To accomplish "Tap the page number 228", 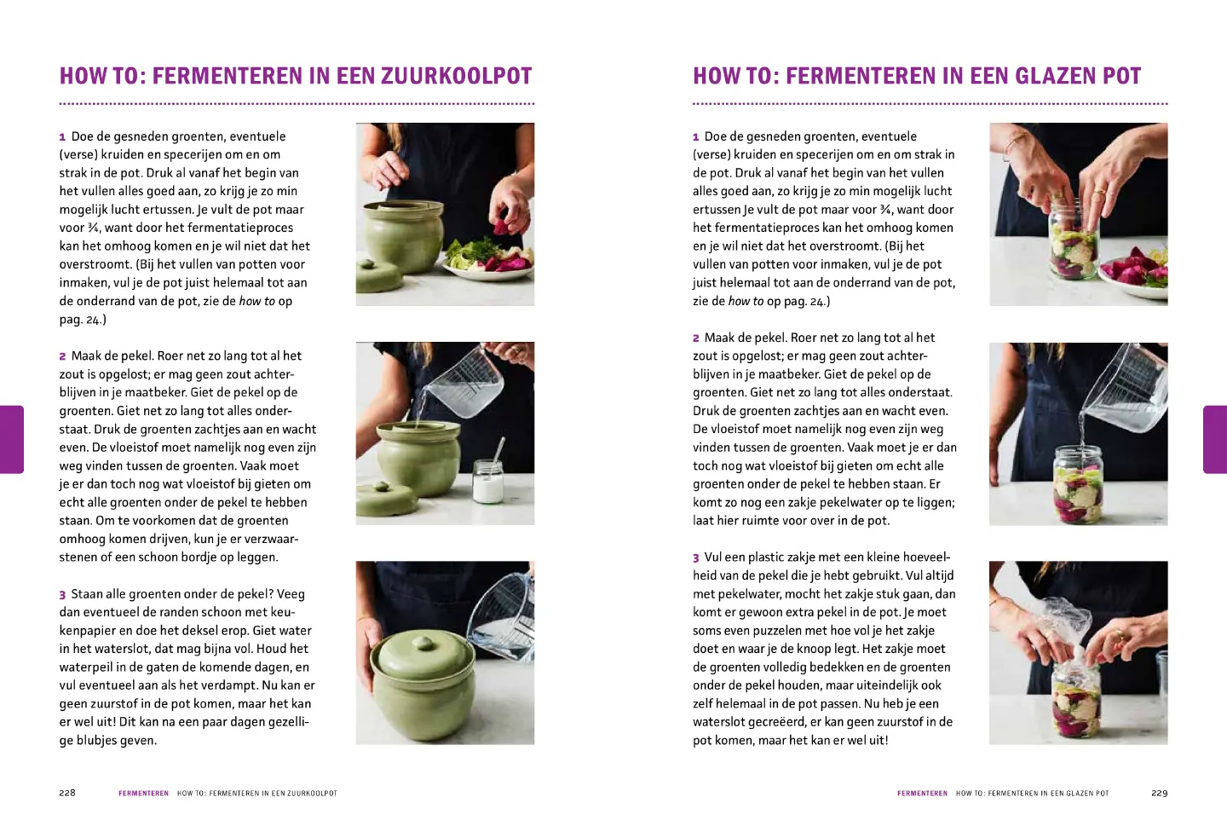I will pyautogui.click(x=67, y=793).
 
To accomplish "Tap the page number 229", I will pyautogui.click(x=1159, y=793).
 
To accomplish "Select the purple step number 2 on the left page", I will pyautogui.click(x=63, y=356).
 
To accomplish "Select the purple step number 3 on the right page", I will pyautogui.click(x=696, y=558).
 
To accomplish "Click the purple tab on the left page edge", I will pyautogui.click(x=11, y=439).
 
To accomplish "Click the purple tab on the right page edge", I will pyautogui.click(x=1215, y=439).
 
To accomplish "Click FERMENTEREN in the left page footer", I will pyautogui.click(x=143, y=794).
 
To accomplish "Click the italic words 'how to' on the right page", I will pyautogui.click(x=746, y=301).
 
